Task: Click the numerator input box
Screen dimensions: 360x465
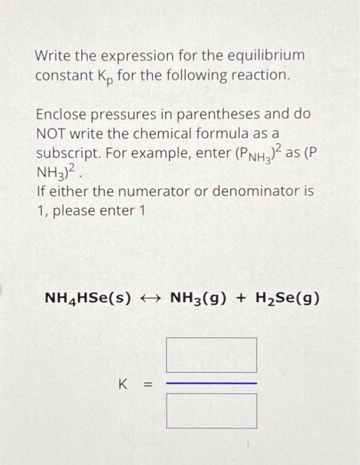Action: click(x=211, y=355)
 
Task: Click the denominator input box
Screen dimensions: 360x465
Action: click(x=211, y=411)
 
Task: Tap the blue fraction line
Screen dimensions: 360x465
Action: click(x=211, y=383)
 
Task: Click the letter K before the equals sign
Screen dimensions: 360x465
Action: click(x=122, y=383)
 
